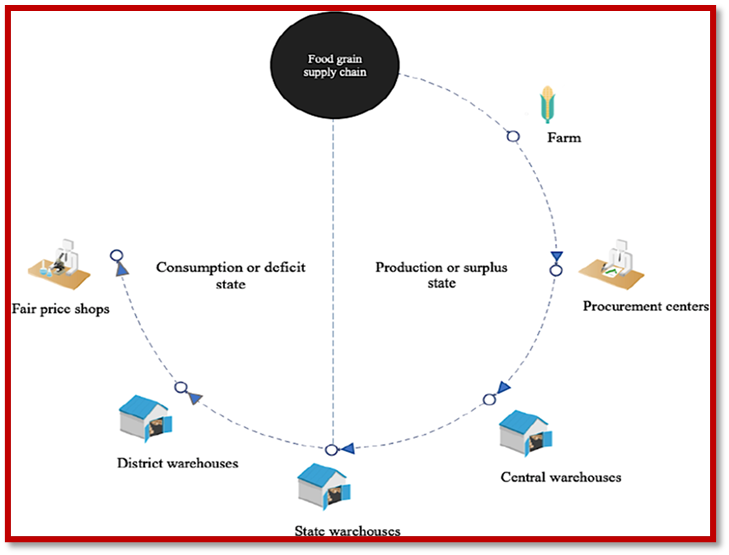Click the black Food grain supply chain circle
pyautogui.click(x=333, y=67)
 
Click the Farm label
pyautogui.click(x=564, y=137)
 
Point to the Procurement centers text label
pyautogui.click(x=645, y=306)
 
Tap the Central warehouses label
pyautogui.click(x=561, y=477)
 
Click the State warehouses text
pyautogui.click(x=348, y=531)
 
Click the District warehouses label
pyautogui.click(x=177, y=463)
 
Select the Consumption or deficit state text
pyautogui.click(x=230, y=275)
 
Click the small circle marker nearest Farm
pyautogui.click(x=513, y=136)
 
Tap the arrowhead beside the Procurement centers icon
pyautogui.click(x=556, y=257)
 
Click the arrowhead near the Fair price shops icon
pyautogui.click(x=121, y=268)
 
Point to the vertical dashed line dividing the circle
pyautogui.click(x=332, y=280)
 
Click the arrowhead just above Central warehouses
pyautogui.click(x=506, y=387)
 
